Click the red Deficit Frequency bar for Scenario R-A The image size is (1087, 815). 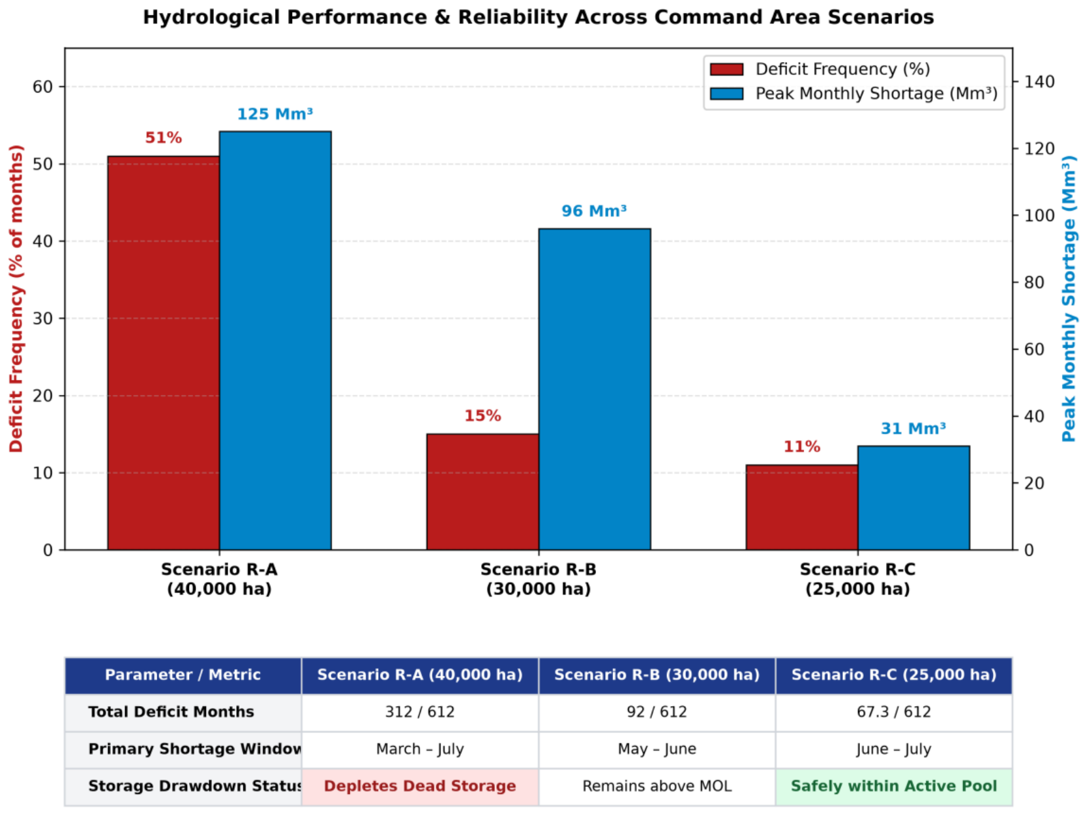pyautogui.click(x=163, y=353)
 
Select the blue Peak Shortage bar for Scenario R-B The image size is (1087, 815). pyautogui.click(x=594, y=389)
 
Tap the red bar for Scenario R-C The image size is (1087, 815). pyautogui.click(x=801, y=507)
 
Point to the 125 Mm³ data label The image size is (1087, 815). pyautogui.click(x=275, y=114)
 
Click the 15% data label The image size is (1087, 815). pyautogui.click(x=482, y=415)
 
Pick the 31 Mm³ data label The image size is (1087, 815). pyautogui.click(x=913, y=428)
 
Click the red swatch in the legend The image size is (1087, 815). pyautogui.click(x=727, y=70)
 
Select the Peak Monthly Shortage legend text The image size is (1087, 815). pyautogui.click(x=876, y=94)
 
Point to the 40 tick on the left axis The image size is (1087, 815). pyautogui.click(x=43, y=241)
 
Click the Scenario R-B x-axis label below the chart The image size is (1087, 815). pyautogui.click(x=538, y=579)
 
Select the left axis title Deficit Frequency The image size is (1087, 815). pyautogui.click(x=16, y=299)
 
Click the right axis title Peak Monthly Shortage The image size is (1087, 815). pyautogui.click(x=1069, y=299)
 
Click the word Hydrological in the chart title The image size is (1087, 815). pyautogui.click(x=211, y=17)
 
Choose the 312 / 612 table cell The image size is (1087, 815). pyautogui.click(x=420, y=712)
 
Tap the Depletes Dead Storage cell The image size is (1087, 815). pyautogui.click(x=420, y=786)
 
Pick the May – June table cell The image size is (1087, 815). pyautogui.click(x=656, y=749)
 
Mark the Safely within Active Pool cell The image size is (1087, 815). pyautogui.click(x=893, y=786)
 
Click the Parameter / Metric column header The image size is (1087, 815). pyautogui.click(x=182, y=675)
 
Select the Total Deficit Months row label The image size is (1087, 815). pyautogui.click(x=171, y=712)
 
